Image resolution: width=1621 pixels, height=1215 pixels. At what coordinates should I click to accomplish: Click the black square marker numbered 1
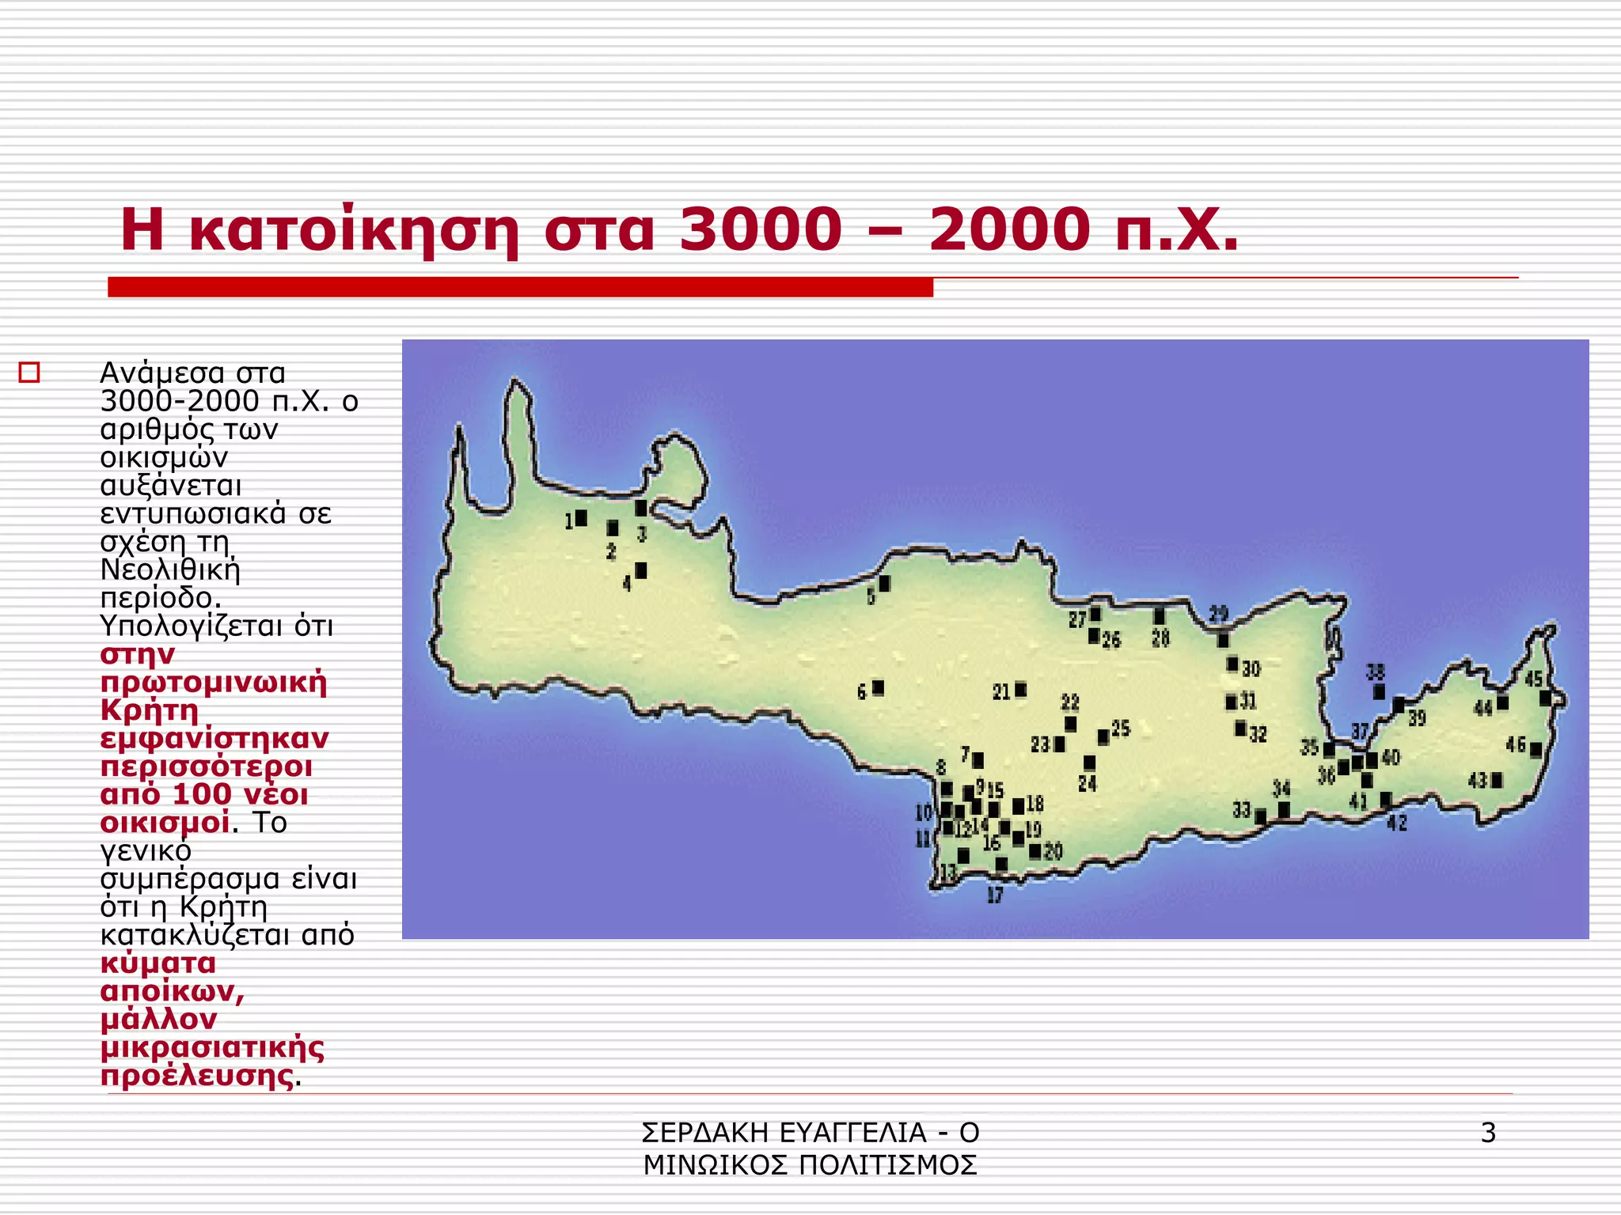581,518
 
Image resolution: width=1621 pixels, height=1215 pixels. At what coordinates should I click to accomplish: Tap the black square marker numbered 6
878,688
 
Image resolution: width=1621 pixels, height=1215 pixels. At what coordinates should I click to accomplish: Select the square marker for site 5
885,584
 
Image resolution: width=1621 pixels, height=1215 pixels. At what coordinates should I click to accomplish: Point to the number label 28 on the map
1160,638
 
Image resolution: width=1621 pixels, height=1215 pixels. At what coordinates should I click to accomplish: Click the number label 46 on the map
1515,744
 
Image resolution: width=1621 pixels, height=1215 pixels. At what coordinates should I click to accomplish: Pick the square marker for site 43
1497,781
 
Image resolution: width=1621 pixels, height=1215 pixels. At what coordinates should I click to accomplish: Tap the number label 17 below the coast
995,895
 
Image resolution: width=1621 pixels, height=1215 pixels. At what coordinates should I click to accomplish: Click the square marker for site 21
1021,690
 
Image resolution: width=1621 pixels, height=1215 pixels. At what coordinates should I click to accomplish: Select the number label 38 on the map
1376,672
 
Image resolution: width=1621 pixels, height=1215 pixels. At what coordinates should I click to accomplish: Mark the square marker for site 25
1103,737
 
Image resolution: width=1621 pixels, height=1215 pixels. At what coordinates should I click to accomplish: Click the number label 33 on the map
1241,810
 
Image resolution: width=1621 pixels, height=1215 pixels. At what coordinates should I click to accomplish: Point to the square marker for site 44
1502,702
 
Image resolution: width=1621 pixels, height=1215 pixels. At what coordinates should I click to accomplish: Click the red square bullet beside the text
29,372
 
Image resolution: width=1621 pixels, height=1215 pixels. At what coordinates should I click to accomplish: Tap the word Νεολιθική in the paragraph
169,570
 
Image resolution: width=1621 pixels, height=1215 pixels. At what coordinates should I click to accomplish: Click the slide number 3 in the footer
1488,1133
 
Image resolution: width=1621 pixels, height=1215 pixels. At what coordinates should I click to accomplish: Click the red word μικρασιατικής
212,1047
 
